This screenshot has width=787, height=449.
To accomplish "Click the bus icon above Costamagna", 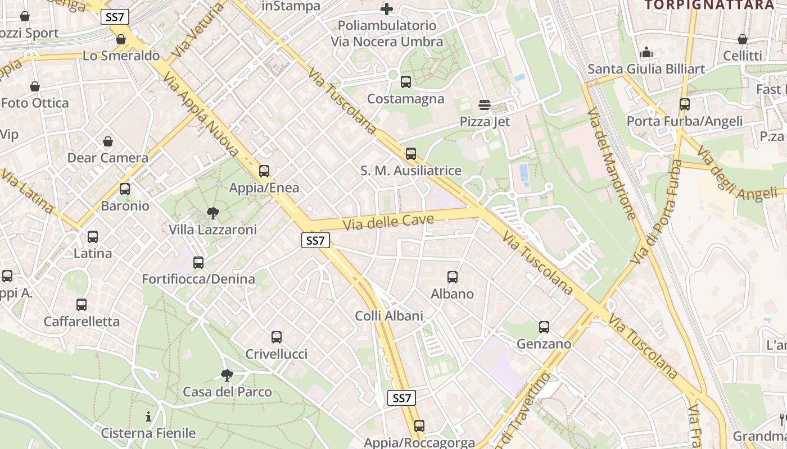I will click(406, 82).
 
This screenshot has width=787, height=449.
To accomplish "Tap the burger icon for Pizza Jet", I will click(485, 105).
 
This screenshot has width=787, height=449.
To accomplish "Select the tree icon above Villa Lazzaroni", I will click(212, 213).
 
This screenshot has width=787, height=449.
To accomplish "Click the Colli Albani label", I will click(389, 316).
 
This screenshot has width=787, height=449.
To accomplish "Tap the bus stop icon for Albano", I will click(453, 277).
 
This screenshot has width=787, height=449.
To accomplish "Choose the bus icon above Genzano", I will click(544, 327).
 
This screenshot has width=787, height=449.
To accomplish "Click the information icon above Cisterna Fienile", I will click(148, 416).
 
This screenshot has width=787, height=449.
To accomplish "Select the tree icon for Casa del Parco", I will click(227, 375).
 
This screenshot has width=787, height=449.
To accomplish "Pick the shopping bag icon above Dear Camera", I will click(108, 141).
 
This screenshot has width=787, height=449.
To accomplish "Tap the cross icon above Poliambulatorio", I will click(387, 9).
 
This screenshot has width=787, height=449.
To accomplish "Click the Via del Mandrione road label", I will click(612, 163).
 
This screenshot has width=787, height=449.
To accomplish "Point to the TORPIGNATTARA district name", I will click(709, 5).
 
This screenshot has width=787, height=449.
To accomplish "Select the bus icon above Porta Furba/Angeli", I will click(684, 104).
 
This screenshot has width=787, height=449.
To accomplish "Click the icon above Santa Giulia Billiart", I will click(646, 53).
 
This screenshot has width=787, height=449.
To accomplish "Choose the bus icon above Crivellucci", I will click(277, 337).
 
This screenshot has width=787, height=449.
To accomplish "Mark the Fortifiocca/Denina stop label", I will click(198, 279).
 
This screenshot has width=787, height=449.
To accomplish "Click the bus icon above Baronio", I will click(125, 189).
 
